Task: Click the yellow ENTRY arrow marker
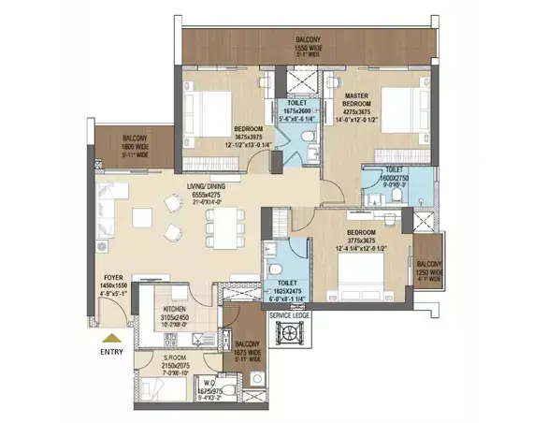(x=111, y=339)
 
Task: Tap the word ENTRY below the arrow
(x=111, y=354)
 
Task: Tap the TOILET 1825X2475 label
(x=284, y=287)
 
